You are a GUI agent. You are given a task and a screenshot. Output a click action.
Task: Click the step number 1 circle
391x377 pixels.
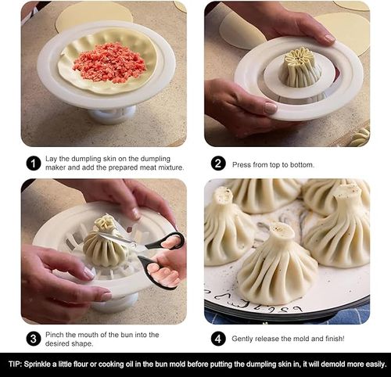click(33, 163)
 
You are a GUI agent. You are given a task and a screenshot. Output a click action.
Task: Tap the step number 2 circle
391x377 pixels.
click(218, 163)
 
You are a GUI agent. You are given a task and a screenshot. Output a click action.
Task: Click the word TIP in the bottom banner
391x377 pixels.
click(16, 364)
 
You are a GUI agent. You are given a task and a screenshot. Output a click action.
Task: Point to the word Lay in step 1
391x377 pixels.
click(55, 160)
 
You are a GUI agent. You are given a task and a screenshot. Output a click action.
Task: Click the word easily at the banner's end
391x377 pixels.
click(371, 364)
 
